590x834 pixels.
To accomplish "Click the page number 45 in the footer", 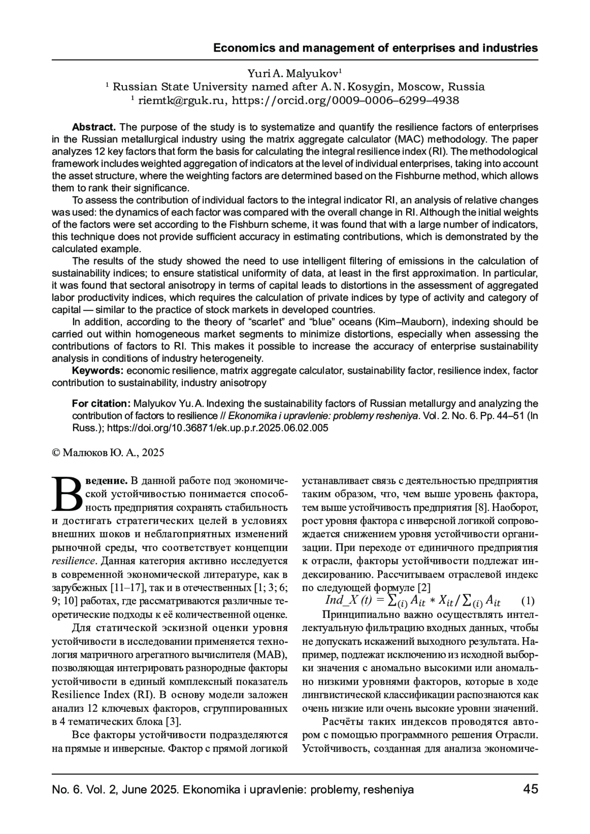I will coord(531,789).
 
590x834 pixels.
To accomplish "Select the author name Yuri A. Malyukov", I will coord(294,74).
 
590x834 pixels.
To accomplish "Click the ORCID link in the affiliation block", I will coord(345,101).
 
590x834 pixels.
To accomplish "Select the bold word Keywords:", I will coord(97,370).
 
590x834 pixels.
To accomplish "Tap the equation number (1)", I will coord(527,601).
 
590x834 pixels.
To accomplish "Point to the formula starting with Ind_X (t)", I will coord(413,601).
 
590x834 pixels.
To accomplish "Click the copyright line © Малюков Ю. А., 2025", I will coord(108,452).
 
